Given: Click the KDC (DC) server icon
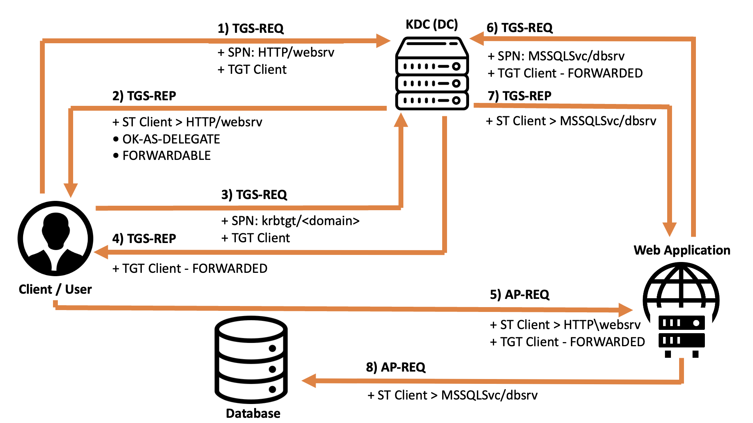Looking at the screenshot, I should click(432, 73).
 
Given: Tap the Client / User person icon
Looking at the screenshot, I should click(56, 239).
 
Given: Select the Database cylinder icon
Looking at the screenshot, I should click(251, 360).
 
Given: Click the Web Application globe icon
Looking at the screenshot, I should click(681, 309).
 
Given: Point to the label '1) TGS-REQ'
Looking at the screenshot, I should click(250, 29).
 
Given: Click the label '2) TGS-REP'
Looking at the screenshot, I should click(144, 96).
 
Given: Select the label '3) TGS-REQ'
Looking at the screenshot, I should click(254, 195).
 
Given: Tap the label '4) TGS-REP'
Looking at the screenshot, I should click(144, 239).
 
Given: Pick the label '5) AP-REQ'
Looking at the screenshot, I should click(519, 295).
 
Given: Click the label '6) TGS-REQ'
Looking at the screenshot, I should click(519, 28).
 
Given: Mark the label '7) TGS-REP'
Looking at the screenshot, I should click(519, 96).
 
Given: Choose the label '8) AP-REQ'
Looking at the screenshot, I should click(396, 367).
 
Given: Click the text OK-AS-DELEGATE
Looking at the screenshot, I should click(171, 139).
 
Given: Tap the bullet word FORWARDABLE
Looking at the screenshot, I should click(166, 156).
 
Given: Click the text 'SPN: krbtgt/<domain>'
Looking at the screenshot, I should click(295, 221).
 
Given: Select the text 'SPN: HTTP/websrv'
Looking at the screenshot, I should click(281, 53).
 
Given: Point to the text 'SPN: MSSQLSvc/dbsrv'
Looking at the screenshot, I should click(560, 56).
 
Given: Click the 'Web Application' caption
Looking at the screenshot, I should click(682, 250).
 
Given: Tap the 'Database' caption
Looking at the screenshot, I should click(253, 413).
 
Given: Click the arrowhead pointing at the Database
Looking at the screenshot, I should click(309, 381).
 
